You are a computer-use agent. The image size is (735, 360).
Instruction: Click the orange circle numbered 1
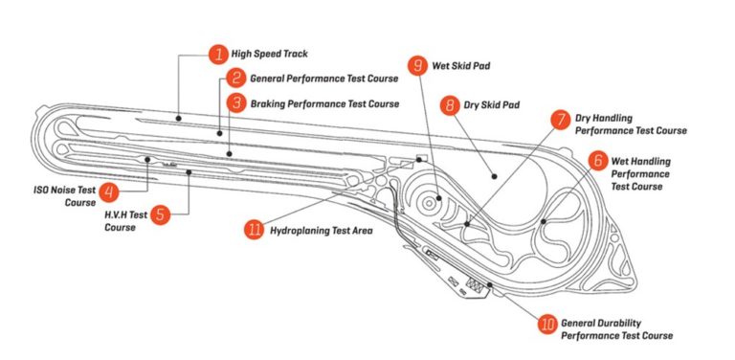click(x=218, y=55)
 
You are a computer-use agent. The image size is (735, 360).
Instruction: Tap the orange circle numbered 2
click(x=236, y=78)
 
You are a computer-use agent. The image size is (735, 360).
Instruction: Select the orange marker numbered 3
click(x=236, y=101)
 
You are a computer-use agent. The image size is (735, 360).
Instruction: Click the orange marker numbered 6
click(x=597, y=161)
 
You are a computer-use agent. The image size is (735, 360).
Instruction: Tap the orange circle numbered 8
click(x=451, y=105)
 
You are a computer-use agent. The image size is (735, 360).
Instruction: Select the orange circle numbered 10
click(x=547, y=325)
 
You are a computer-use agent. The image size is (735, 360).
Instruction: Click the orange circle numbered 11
click(x=254, y=231)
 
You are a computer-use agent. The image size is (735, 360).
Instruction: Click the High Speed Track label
click(x=269, y=55)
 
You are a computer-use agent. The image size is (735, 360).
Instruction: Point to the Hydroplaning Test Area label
click(x=320, y=231)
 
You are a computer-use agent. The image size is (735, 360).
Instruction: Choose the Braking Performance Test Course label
click(x=324, y=102)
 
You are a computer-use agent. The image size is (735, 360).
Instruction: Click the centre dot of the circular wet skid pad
click(x=438, y=200)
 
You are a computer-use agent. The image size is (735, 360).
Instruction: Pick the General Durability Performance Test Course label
click(x=616, y=329)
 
